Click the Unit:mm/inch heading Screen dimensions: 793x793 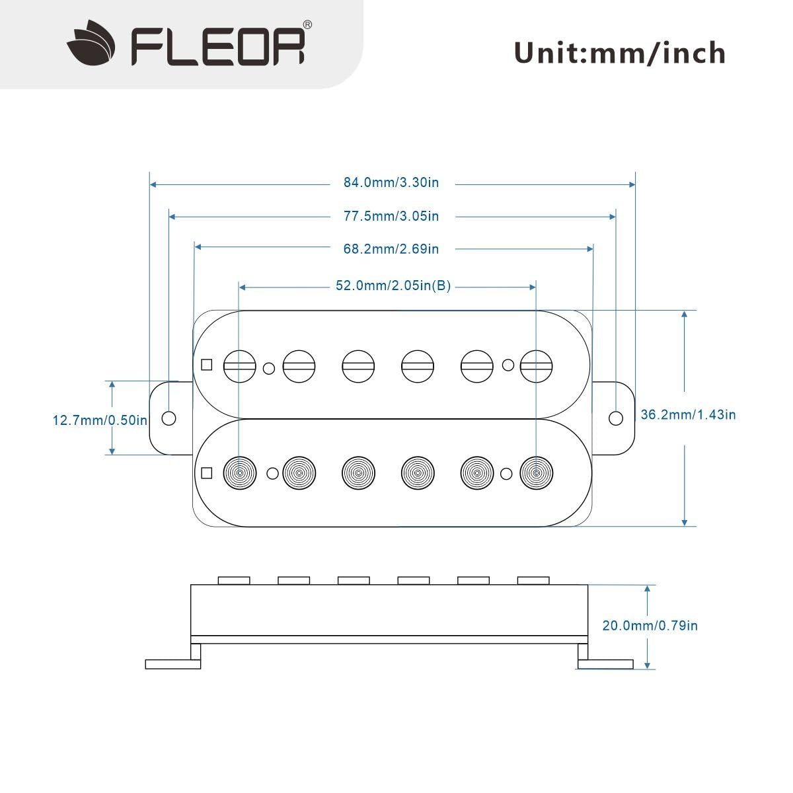click(x=619, y=53)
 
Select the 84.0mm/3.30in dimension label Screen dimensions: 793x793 click(x=391, y=182)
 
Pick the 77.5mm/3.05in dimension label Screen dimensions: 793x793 click(x=391, y=216)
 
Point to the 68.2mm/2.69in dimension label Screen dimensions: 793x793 click(x=391, y=249)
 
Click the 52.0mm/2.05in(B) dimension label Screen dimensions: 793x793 click(x=393, y=286)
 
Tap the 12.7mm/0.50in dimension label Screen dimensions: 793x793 click(x=100, y=420)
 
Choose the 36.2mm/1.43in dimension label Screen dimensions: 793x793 click(x=688, y=415)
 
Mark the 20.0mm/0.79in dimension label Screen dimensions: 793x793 click(x=650, y=625)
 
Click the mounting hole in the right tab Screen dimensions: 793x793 click(x=615, y=418)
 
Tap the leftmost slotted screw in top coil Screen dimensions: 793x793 click(x=239, y=365)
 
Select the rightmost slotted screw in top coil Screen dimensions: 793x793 click(x=536, y=365)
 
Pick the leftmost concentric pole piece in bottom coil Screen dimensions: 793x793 click(x=239, y=473)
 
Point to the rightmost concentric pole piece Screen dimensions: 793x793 click(x=536, y=473)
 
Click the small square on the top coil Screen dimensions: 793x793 click(x=207, y=365)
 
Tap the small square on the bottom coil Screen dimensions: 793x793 click(x=207, y=473)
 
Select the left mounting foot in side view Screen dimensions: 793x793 click(x=172, y=663)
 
